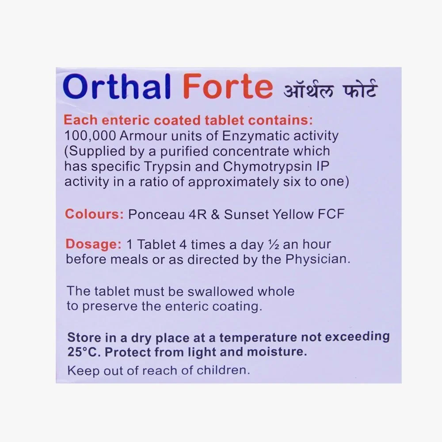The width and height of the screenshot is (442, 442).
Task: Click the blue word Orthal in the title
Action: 117,86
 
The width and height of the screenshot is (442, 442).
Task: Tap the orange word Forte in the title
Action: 228,86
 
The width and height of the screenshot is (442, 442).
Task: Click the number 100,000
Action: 90,136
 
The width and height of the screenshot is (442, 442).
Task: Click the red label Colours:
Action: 95,214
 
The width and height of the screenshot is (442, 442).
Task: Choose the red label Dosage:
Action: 94,244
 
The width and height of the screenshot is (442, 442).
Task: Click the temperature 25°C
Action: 84,352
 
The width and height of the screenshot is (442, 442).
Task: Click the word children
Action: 223,370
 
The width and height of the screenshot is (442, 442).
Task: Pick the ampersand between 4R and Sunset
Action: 215,214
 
